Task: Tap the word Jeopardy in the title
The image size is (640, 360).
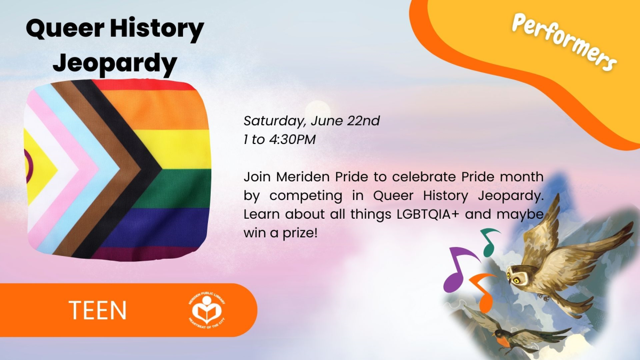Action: [x=115, y=63]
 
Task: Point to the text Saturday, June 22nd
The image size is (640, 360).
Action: [x=311, y=121]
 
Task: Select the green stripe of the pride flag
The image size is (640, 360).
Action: [x=181, y=181]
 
